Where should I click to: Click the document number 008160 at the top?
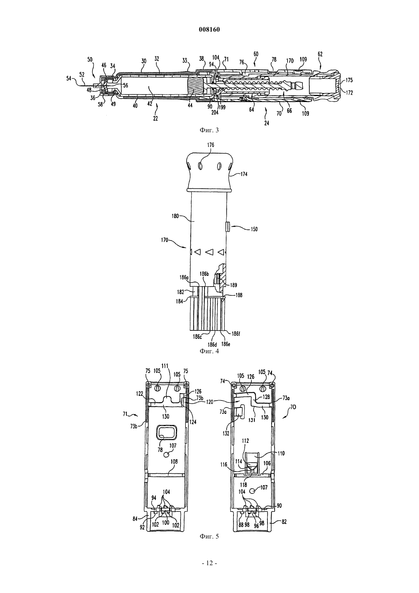[x=209, y=30]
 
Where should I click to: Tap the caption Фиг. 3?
[x=209, y=130]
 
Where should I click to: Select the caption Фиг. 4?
[x=209, y=351]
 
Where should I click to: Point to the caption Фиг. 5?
[x=209, y=536]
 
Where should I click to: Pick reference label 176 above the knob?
[x=211, y=145]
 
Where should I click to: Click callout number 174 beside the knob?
[x=244, y=174]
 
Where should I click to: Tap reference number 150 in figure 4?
[x=254, y=229]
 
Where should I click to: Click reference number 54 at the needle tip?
[x=69, y=79]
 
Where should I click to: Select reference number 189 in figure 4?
[x=233, y=285]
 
